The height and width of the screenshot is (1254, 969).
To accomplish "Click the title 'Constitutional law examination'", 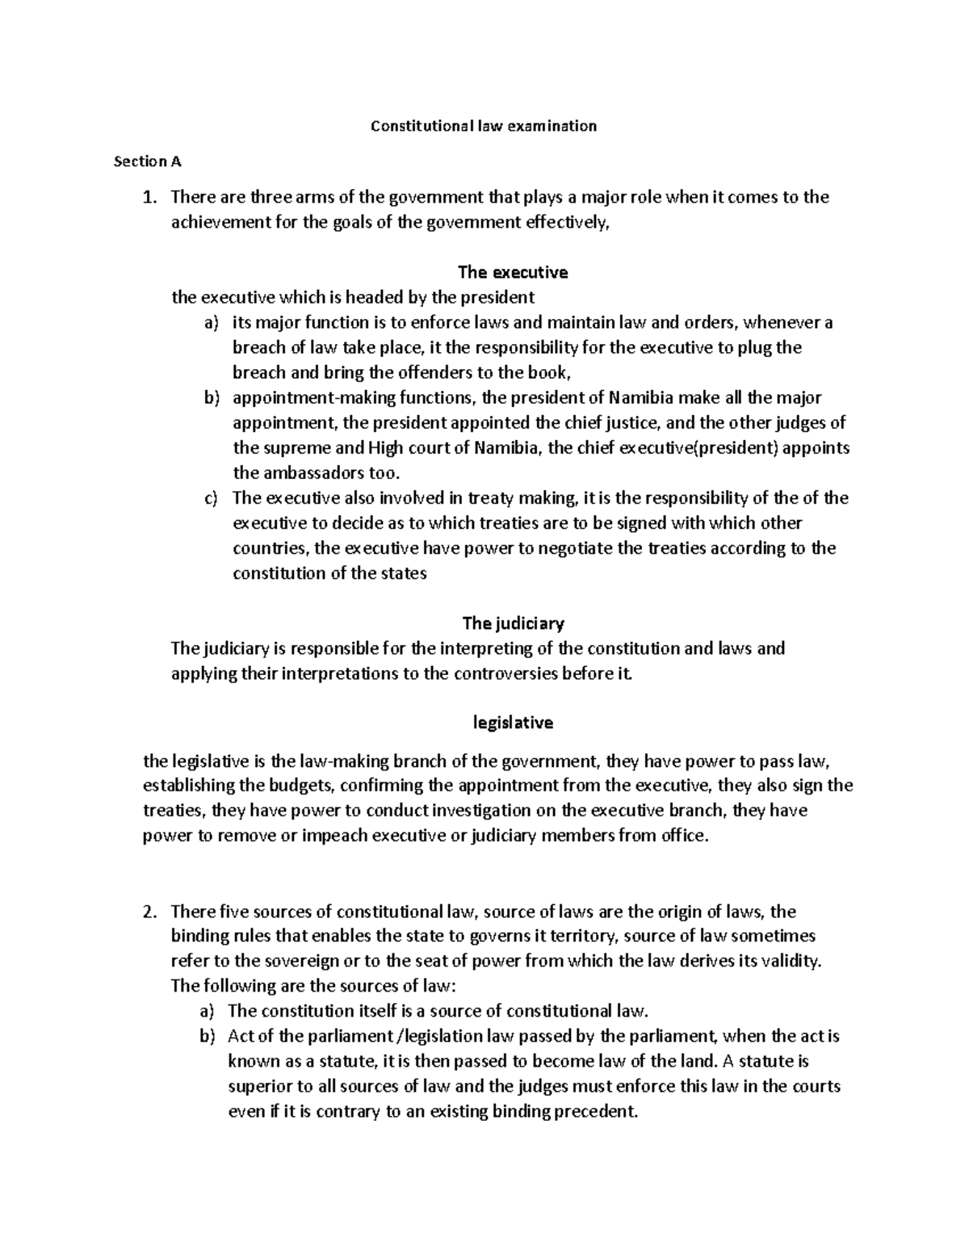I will pyautogui.click(x=483, y=126).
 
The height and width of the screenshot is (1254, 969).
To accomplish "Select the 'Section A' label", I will pyautogui.click(x=148, y=161).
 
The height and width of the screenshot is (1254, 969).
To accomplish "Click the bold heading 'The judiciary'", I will pyautogui.click(x=513, y=623).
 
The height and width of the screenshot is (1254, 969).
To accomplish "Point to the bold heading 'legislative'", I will pyautogui.click(x=513, y=723).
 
